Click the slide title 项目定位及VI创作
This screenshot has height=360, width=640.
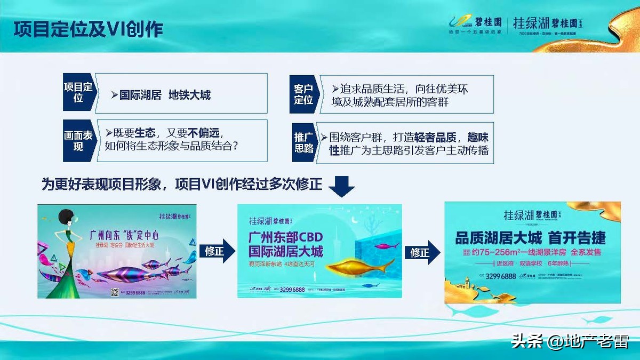point(88,29)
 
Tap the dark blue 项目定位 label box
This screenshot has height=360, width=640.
point(78,93)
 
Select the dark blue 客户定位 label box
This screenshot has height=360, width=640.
point(304,93)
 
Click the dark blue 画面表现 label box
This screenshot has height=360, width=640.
point(78,141)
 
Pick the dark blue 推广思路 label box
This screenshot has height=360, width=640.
point(304,142)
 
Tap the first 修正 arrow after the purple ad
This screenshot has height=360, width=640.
point(216,251)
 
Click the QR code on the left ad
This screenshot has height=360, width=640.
point(114,292)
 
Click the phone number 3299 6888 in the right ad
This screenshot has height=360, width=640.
point(501,276)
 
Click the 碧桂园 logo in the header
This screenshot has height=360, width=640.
point(475,23)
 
